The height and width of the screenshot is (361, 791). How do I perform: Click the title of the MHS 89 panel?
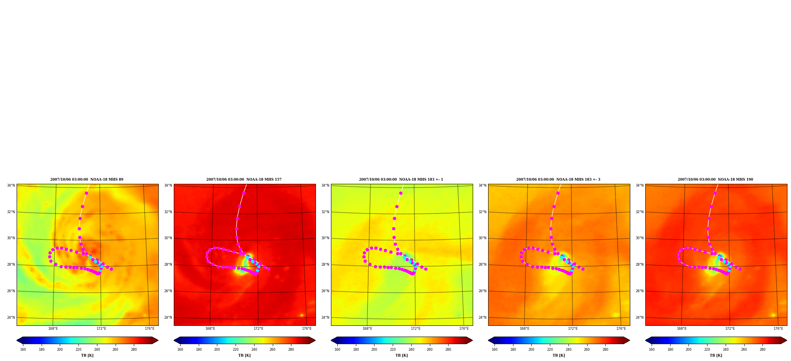click(87, 180)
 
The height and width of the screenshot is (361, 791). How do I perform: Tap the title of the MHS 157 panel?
click(244, 180)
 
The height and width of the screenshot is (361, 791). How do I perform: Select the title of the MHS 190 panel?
click(715, 180)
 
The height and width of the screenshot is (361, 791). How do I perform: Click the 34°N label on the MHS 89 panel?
click(11, 185)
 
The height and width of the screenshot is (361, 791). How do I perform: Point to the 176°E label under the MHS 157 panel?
click(307, 329)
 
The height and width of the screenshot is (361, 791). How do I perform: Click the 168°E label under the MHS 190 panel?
click(682, 329)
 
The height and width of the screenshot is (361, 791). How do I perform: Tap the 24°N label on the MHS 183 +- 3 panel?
click(483, 318)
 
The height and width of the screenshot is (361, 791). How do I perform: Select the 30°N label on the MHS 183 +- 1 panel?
click(325, 238)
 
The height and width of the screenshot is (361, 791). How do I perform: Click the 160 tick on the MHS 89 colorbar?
click(23, 350)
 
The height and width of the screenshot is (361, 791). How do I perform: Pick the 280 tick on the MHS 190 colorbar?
click(762, 350)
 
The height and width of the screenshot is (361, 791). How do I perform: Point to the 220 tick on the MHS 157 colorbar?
click(236, 350)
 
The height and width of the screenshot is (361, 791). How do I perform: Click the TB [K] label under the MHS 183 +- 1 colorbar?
click(401, 355)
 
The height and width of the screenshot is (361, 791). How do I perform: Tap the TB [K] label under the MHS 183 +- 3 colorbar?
click(559, 355)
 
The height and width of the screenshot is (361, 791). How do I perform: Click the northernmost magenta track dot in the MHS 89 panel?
click(86, 193)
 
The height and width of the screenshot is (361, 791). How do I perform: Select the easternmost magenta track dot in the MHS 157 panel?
click(268, 269)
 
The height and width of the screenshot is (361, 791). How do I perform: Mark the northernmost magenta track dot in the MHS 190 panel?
click(715, 193)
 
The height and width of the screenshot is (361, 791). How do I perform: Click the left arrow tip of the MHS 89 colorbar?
click(17, 340)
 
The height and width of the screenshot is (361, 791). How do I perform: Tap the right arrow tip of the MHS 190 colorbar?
click(787, 340)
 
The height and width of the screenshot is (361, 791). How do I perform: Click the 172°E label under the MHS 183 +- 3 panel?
click(573, 329)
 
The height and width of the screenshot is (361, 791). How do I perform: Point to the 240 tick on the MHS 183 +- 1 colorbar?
click(411, 350)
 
